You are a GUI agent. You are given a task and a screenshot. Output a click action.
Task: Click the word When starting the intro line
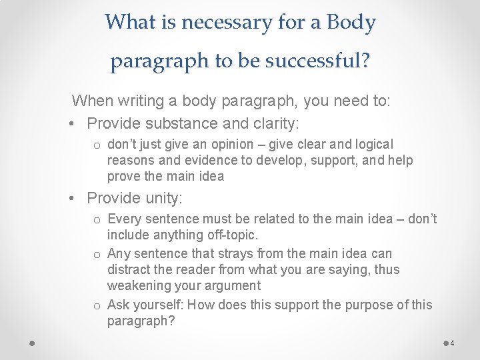(x=92, y=101)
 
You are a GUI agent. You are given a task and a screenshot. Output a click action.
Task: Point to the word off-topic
(x=233, y=235)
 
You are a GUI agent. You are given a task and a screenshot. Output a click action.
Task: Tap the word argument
(x=237, y=285)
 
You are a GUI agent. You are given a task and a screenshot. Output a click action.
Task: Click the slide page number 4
(x=452, y=343)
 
